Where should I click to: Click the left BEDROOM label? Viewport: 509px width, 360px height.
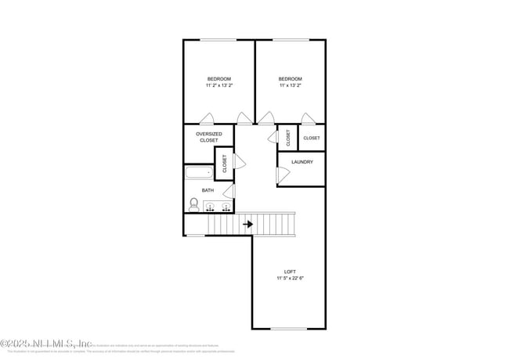(x=219, y=79)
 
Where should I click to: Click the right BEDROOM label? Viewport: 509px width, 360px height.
(x=290, y=79)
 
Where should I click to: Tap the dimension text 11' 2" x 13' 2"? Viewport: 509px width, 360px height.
(x=219, y=87)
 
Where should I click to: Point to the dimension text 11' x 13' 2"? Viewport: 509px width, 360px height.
(x=290, y=87)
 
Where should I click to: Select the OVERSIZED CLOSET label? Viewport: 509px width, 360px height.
(x=209, y=137)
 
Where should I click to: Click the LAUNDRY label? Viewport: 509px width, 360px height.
(x=302, y=162)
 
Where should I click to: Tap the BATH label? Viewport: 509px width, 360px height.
(x=208, y=190)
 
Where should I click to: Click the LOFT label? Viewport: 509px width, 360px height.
(x=290, y=272)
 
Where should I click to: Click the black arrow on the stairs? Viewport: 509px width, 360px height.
(x=248, y=225)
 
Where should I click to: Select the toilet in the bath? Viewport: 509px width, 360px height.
(x=193, y=205)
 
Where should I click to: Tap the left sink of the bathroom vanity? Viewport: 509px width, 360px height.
(x=210, y=207)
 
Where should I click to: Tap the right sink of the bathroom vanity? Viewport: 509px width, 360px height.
(x=226, y=207)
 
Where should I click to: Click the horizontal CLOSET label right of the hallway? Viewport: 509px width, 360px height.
(x=312, y=139)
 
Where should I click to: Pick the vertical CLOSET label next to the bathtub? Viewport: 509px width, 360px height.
(x=225, y=164)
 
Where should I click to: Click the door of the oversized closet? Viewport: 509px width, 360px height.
(x=208, y=119)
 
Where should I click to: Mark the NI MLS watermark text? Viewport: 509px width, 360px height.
(x=47, y=343)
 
